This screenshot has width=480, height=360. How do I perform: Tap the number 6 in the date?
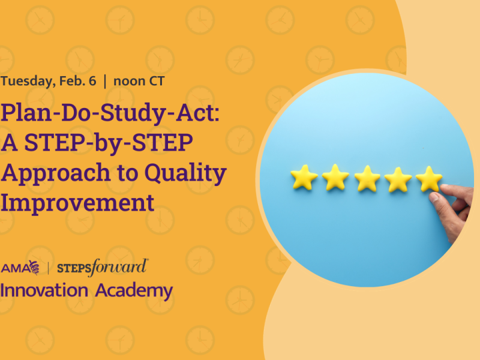[x=92, y=82]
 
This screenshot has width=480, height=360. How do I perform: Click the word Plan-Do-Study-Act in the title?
[x=110, y=113]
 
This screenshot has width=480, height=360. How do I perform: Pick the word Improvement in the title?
[x=77, y=203]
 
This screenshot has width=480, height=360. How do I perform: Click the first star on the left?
[x=304, y=178]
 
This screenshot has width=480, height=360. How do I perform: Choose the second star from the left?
[x=335, y=178]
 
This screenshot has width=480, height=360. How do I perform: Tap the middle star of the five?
[x=367, y=179]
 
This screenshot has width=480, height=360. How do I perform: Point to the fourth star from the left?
[x=398, y=179]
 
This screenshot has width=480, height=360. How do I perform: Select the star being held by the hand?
[x=428, y=178]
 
